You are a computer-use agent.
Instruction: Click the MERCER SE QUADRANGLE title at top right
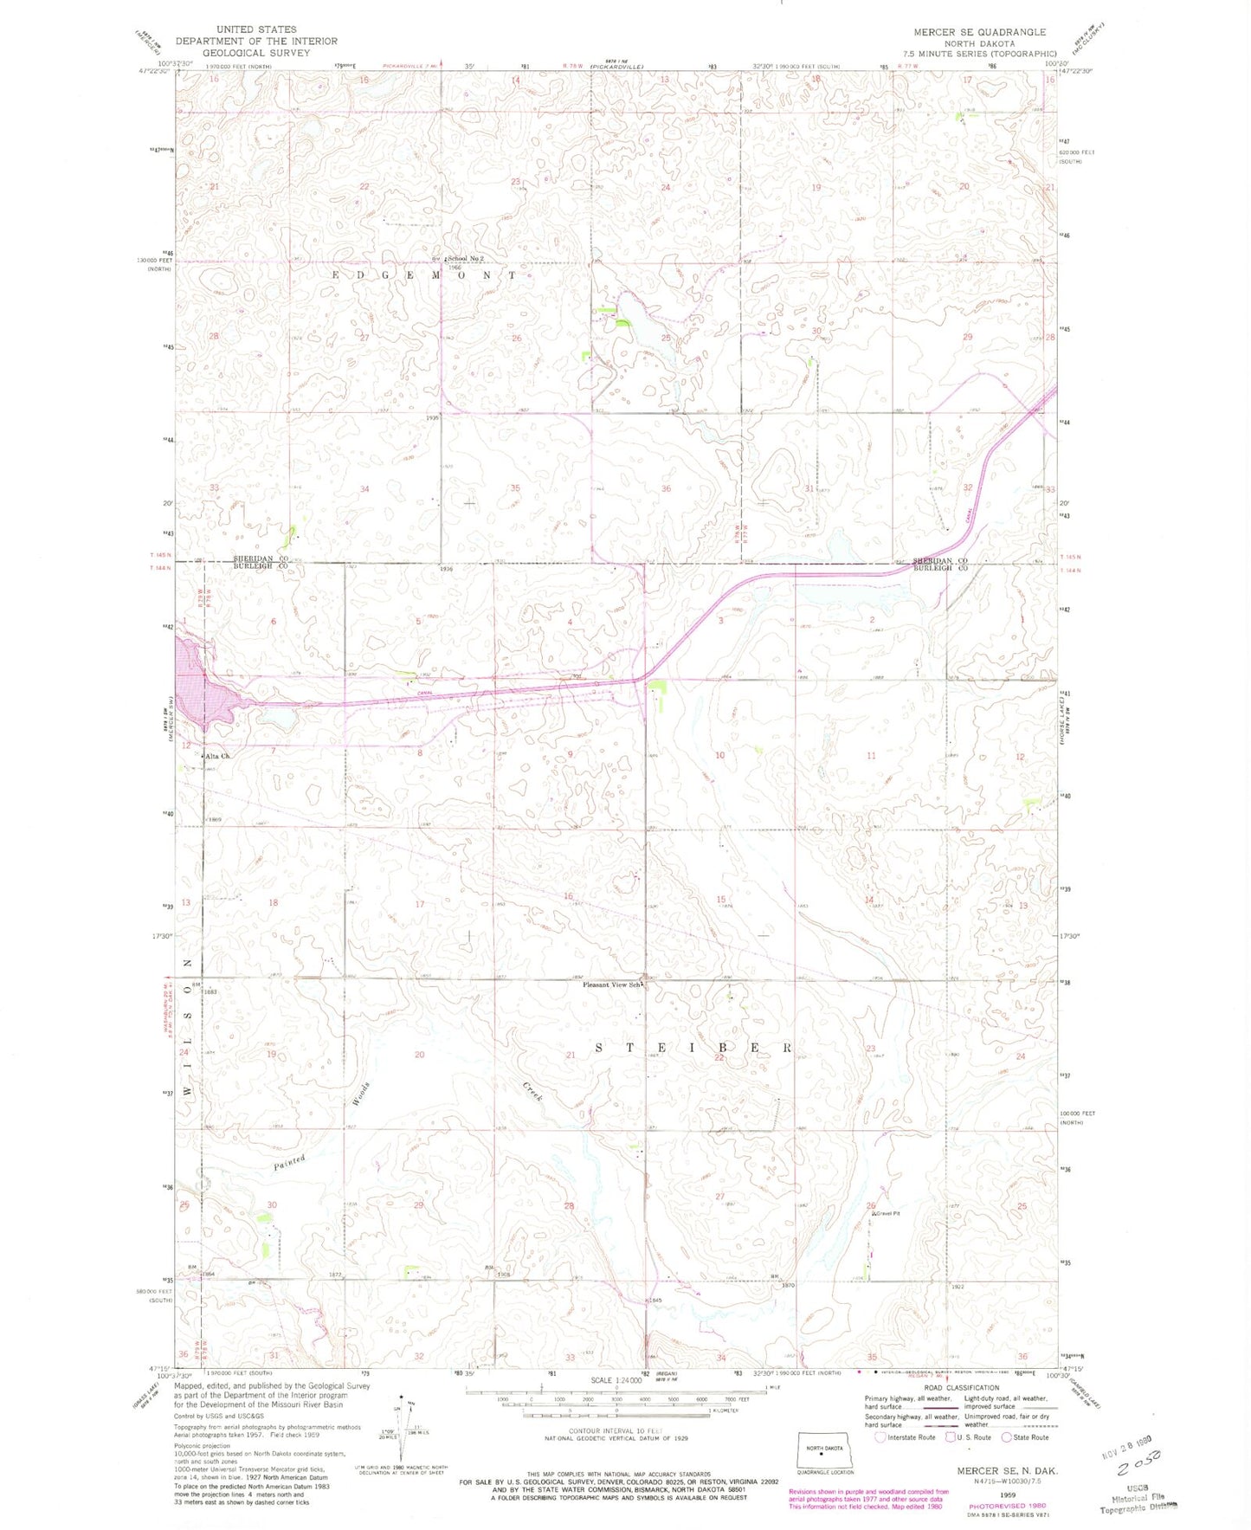tap(979, 32)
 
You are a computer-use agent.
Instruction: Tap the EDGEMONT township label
tap(424, 275)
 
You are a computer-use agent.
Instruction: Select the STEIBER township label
tap(693, 1048)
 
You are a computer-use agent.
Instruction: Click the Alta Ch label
tap(218, 756)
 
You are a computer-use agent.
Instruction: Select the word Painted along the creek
tap(289, 1162)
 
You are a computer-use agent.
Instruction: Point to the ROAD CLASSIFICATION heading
tap(960, 1387)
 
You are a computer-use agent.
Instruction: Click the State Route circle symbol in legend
tap(1007, 1437)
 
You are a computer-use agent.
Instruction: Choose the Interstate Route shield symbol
tap(880, 1437)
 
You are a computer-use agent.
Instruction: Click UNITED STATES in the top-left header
tap(256, 29)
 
